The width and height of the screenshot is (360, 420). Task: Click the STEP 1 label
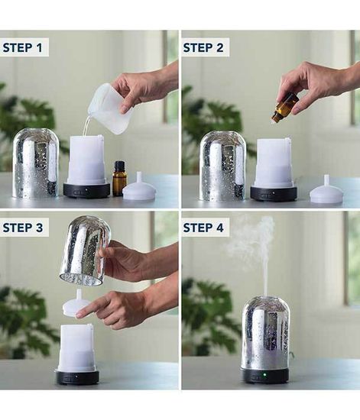point(24,47)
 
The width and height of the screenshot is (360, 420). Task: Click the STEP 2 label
point(205,47)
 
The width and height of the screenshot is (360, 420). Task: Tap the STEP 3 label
point(24,227)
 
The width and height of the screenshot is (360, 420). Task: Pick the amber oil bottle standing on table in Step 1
point(120,179)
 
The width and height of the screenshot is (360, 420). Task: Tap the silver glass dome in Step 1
point(36,164)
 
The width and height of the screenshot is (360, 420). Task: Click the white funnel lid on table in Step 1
point(139,189)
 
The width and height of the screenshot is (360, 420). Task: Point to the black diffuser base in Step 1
point(86,190)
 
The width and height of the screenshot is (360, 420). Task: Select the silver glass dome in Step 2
point(222,166)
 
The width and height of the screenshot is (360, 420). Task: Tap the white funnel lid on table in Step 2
point(326,190)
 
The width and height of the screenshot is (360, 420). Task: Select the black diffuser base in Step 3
point(76,376)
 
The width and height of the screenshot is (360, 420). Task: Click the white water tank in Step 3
point(76,347)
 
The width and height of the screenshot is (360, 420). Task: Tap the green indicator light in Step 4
point(265,375)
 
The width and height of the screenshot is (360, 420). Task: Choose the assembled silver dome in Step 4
point(265,334)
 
